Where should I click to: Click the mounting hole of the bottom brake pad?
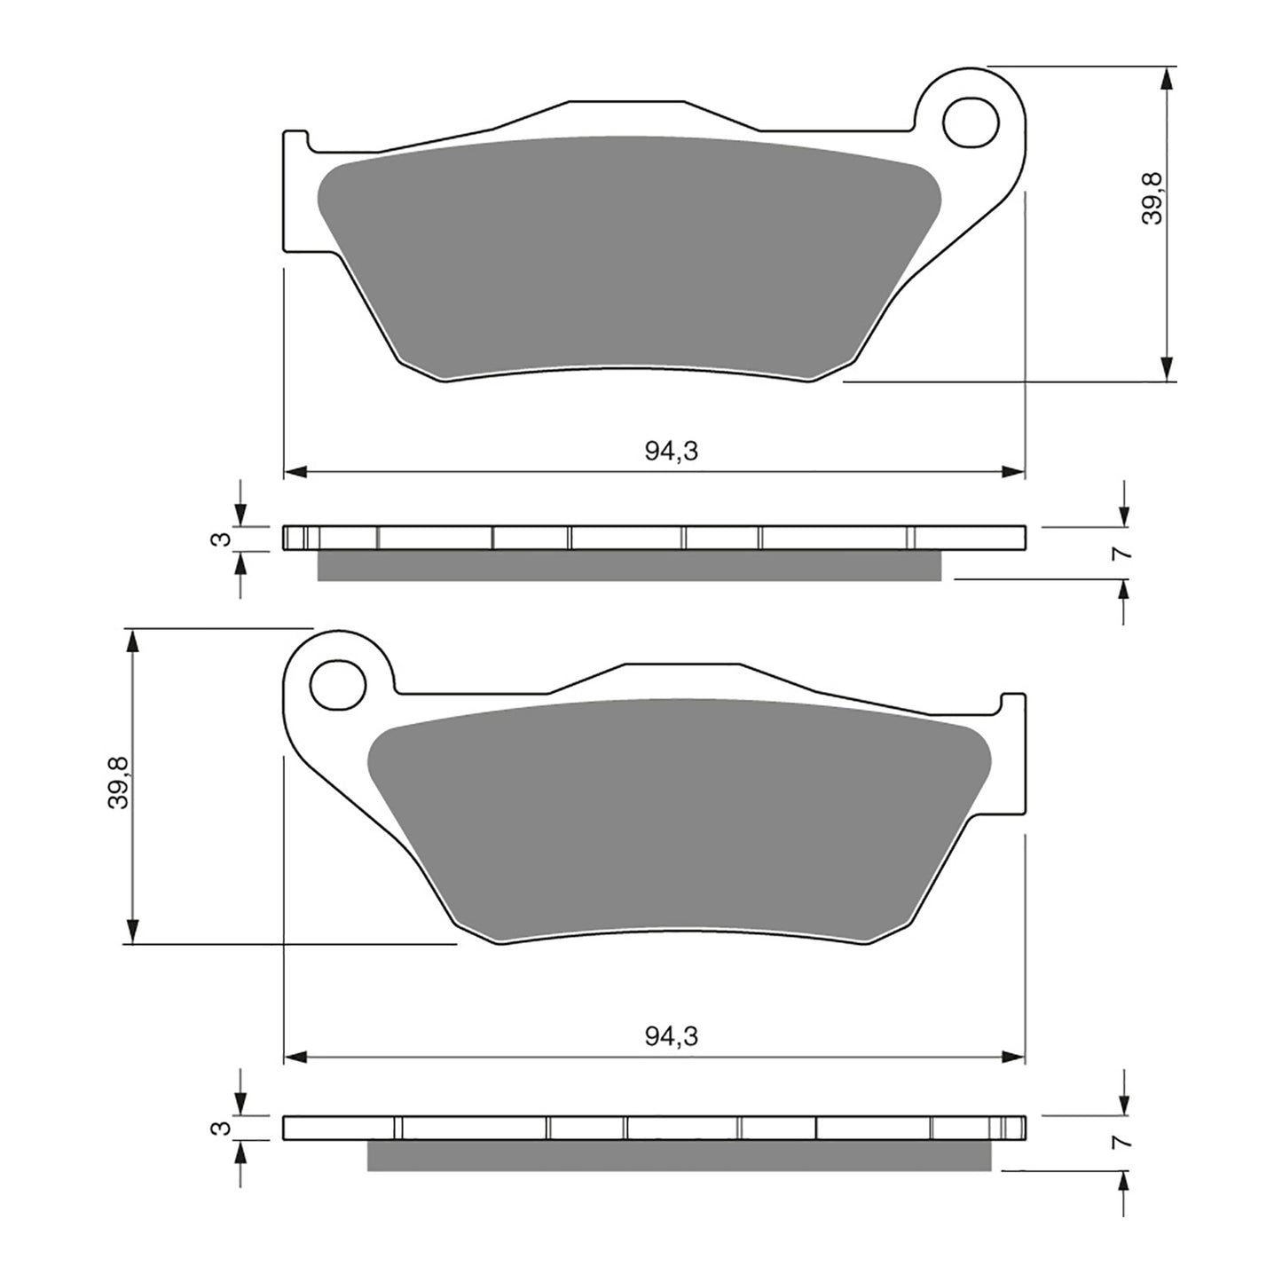(x=338, y=684)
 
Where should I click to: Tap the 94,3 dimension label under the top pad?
(x=671, y=452)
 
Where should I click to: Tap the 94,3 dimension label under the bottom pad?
(x=671, y=1035)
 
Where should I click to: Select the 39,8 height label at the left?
(x=119, y=782)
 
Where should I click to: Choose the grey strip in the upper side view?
(x=628, y=565)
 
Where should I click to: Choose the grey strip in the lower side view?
(x=679, y=1155)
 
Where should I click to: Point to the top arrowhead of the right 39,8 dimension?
(x=1168, y=78)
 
